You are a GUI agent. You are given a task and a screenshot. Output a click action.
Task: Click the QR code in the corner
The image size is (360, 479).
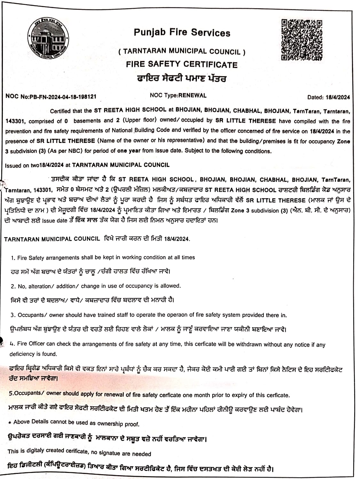(x=301, y=40)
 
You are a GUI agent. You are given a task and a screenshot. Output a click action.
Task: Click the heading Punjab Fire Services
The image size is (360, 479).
(x=182, y=33)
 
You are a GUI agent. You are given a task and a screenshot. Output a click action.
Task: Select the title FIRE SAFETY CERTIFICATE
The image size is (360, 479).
(x=182, y=64)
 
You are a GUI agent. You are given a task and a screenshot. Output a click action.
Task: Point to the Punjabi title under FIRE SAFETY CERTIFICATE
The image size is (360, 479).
(x=181, y=78)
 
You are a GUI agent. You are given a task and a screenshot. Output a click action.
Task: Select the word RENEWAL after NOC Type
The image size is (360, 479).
(x=192, y=95)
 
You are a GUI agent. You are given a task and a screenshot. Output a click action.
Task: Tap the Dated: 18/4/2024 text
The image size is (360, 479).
(x=328, y=97)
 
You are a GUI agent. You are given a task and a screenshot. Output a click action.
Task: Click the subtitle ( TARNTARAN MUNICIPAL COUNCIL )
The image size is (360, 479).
(x=182, y=51)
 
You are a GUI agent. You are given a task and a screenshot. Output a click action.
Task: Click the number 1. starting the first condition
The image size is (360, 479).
(x=13, y=258)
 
